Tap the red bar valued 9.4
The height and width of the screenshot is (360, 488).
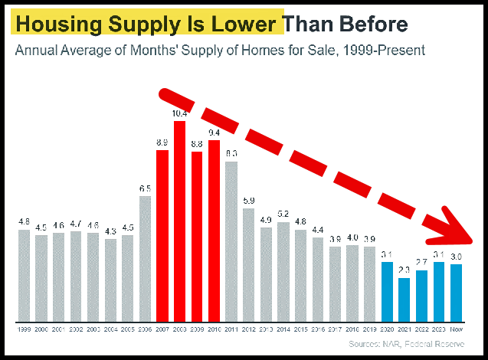pyautogui.click(x=215, y=231)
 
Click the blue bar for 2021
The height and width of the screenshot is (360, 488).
pyautogui.click(x=404, y=299)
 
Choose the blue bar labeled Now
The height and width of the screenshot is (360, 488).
pyautogui.click(x=457, y=293)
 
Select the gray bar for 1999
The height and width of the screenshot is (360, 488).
pyautogui.click(x=24, y=275)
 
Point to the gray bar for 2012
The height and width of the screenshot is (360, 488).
pyautogui.click(x=249, y=264)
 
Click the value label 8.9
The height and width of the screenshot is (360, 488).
pyautogui.click(x=162, y=142)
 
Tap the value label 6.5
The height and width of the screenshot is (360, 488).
pyautogui.click(x=145, y=188)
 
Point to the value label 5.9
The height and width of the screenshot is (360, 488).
pyautogui.click(x=249, y=201)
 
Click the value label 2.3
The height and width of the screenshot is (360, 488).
pyautogui.click(x=404, y=270)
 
